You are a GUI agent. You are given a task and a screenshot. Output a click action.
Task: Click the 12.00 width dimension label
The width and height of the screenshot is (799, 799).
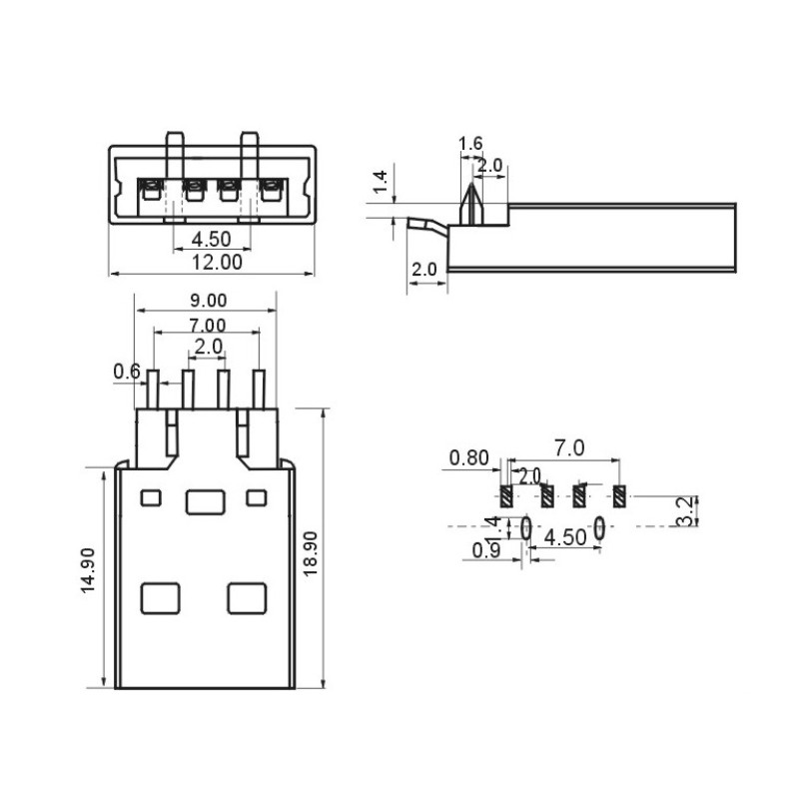[x=217, y=263]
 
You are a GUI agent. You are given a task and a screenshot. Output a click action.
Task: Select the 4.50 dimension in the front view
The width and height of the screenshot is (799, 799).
[x=211, y=239]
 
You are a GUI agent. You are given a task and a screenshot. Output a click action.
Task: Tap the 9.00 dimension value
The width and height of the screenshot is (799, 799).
[x=209, y=301]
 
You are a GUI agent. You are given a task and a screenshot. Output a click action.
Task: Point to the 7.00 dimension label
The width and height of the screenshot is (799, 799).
[x=207, y=326]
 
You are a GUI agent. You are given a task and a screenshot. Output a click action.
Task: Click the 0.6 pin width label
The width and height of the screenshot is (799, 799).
[x=127, y=372]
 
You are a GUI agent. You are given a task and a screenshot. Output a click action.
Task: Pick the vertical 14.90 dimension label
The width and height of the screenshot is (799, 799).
[x=88, y=570]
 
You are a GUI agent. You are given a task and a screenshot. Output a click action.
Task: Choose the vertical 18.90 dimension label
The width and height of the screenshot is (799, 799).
[x=311, y=554]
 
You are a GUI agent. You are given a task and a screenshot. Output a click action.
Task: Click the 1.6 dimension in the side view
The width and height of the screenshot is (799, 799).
[x=470, y=144]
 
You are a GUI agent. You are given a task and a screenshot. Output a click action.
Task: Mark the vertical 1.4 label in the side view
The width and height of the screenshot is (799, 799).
[x=381, y=183]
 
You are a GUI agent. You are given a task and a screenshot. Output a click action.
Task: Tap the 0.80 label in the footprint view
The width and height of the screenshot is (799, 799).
[x=468, y=458]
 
